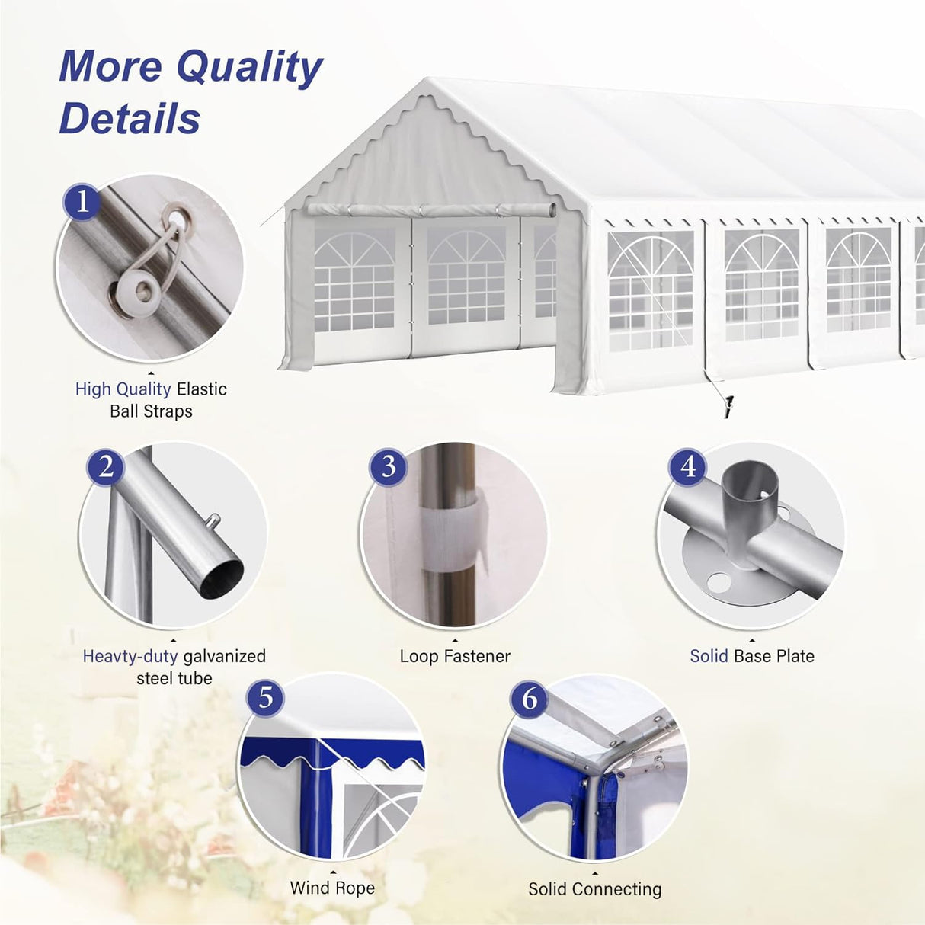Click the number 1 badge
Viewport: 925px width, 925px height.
click(x=82, y=202)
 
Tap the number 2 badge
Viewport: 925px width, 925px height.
click(x=106, y=466)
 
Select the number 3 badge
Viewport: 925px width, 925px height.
click(x=388, y=466)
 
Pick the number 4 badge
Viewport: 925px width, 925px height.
click(x=688, y=466)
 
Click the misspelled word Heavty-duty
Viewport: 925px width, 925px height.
click(x=130, y=656)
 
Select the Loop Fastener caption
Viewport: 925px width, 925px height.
click(x=455, y=656)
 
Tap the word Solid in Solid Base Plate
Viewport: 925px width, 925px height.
click(x=709, y=656)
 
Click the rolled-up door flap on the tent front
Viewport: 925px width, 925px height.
click(x=431, y=210)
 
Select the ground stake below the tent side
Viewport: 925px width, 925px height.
click(x=728, y=406)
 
